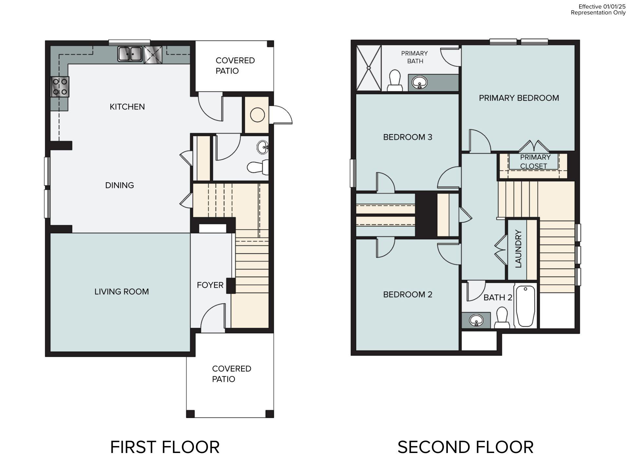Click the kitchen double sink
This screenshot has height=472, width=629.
tap(130, 54)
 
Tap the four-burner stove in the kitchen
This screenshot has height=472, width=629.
tap(60, 87)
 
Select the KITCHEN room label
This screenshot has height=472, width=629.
tap(127, 107)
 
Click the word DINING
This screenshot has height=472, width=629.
tap(119, 186)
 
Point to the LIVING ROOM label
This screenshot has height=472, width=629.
tap(122, 292)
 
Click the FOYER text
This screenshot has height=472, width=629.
tap(210, 285)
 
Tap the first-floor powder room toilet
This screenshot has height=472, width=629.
tap(257, 167)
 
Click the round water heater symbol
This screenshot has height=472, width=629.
tap(257, 115)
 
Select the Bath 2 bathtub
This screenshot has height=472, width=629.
tap(525, 306)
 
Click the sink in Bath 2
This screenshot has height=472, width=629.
tap(476, 320)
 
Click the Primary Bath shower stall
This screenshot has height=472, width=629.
tap(369, 68)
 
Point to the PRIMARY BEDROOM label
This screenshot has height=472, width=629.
tap(519, 98)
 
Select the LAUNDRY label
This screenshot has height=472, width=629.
tap(518, 249)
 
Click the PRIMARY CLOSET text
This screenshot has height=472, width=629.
tap(535, 162)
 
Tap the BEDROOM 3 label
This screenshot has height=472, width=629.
tap(408, 137)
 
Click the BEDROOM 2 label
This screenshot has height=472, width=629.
tap(408, 295)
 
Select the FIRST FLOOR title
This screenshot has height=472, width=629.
tap(165, 447)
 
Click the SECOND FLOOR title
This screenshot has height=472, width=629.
tap(465, 447)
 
